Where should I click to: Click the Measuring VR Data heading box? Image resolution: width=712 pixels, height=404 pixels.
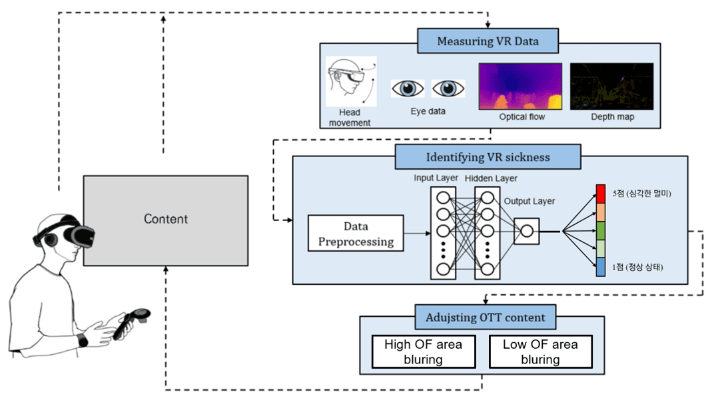click(x=488, y=41)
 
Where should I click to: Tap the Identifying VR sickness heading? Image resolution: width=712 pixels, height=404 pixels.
click(x=488, y=158)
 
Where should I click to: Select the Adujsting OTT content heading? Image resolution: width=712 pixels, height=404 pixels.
click(x=485, y=318)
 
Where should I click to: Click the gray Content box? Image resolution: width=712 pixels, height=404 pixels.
click(x=165, y=219)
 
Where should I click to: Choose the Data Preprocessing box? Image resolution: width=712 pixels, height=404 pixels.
click(x=356, y=234)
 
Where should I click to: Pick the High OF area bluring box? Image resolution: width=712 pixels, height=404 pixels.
click(x=423, y=352)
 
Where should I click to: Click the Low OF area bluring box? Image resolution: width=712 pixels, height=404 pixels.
click(x=540, y=352)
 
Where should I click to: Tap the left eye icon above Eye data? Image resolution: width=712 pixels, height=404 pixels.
click(x=408, y=88)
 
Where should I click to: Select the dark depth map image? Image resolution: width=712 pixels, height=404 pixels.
click(x=611, y=86)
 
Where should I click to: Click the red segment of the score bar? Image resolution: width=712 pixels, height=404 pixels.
click(x=601, y=194)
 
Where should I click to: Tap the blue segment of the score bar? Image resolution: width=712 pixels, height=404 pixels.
click(x=601, y=268)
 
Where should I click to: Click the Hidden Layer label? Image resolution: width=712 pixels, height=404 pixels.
click(x=491, y=178)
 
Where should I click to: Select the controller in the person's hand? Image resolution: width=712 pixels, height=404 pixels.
click(x=132, y=321)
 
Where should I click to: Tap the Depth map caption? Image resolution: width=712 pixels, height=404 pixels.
click(x=612, y=117)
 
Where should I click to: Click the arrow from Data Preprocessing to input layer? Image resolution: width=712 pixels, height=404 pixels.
click(x=417, y=233)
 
